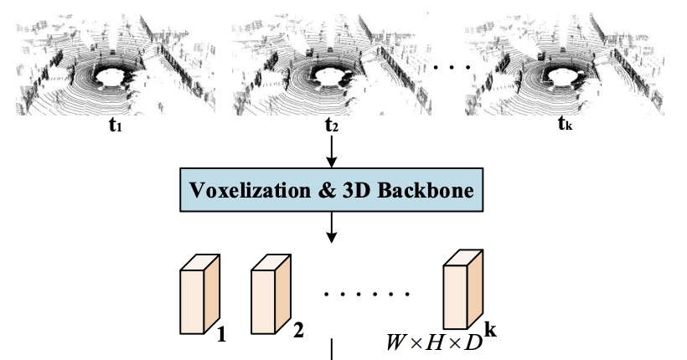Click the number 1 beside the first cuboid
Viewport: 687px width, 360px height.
click(222, 336)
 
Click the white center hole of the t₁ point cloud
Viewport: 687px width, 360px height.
click(115, 77)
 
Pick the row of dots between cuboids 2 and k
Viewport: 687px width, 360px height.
click(366, 296)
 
